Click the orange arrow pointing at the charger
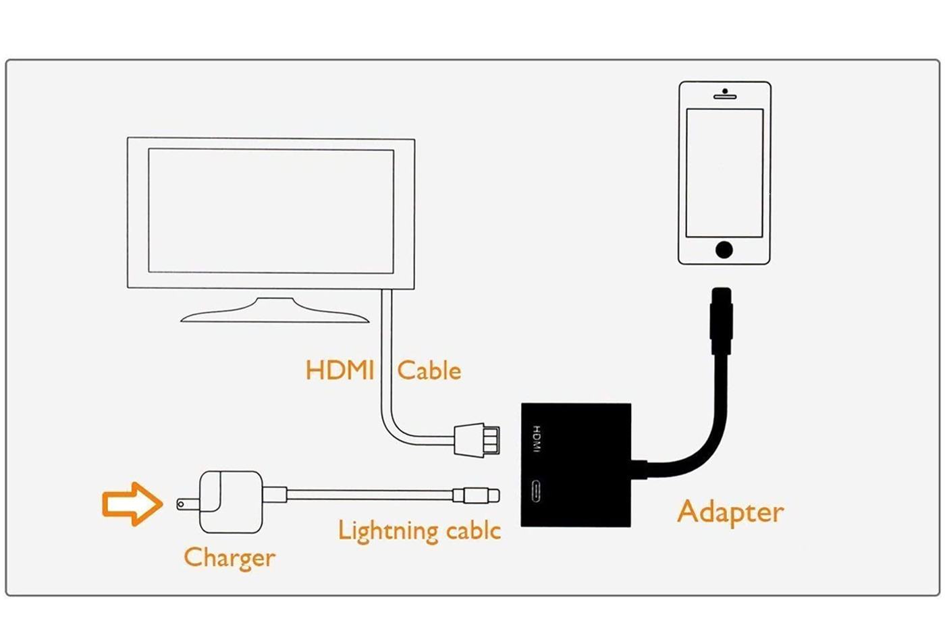point(132,503)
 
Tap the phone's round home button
point(724,250)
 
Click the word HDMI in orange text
point(340,371)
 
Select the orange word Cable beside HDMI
point(429,371)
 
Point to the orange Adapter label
point(730,512)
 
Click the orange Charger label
point(230,557)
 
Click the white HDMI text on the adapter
point(536,439)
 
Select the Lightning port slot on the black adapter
point(536,491)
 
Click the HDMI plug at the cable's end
point(477,441)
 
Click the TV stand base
point(275,310)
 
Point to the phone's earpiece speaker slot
point(725,97)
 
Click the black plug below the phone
point(722,321)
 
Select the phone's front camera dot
point(725,91)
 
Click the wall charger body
point(231,502)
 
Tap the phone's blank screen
point(724,173)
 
